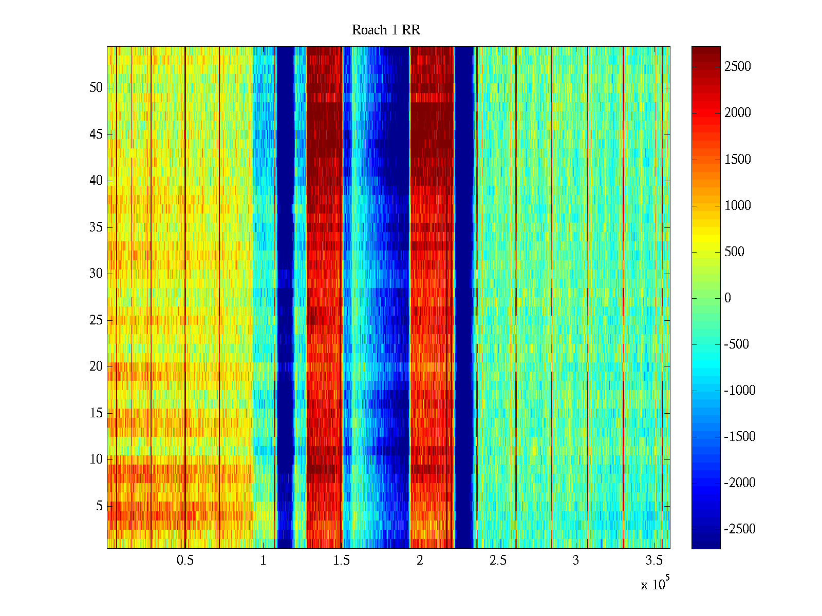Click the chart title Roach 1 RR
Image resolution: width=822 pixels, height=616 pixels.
tap(386, 30)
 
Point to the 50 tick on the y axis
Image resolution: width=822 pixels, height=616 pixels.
tap(96, 88)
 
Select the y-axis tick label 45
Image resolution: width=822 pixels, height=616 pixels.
tap(96, 134)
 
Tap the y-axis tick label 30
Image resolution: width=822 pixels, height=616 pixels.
tap(96, 274)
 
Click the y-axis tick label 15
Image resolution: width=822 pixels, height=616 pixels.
tap(96, 413)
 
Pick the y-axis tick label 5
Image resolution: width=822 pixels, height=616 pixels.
tap(99, 506)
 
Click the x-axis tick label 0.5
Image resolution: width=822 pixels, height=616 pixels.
tap(185, 561)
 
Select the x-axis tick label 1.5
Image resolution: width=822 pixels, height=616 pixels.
tap(342, 561)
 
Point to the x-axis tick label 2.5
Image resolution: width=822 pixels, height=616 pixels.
tap(498, 561)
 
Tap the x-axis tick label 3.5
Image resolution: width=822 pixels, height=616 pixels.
tap(654, 561)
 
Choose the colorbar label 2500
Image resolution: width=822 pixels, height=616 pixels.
tap(738, 67)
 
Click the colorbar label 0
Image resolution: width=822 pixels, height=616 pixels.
tap(727, 298)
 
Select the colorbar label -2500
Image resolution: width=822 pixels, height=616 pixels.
tap(740, 529)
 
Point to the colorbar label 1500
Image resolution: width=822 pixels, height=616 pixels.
tap(738, 160)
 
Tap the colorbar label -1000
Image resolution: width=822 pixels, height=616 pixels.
tap(740, 391)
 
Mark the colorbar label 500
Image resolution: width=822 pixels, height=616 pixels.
tap(734, 252)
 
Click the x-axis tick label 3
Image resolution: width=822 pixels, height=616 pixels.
tap(576, 561)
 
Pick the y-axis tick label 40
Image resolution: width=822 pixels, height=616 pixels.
tap(96, 181)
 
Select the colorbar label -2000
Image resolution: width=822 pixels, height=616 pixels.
tap(740, 483)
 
